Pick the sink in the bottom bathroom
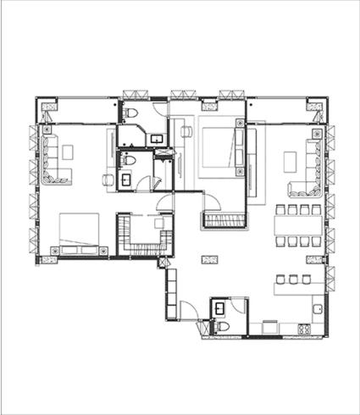(x=219, y=307)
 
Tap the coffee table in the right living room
(x=291, y=159)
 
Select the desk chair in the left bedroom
(x=107, y=180)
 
